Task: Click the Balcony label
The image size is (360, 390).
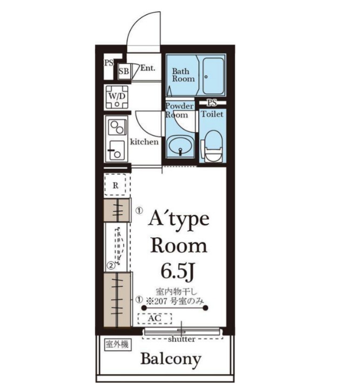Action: tap(171, 359)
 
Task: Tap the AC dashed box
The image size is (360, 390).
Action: tap(155, 318)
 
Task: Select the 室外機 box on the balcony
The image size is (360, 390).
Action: tap(117, 345)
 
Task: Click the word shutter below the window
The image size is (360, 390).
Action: tap(181, 339)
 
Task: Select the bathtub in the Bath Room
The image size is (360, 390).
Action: tap(213, 76)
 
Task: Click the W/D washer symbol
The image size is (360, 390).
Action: tap(117, 97)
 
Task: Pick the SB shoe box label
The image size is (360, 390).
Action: tap(124, 71)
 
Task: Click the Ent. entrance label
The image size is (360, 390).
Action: tap(147, 68)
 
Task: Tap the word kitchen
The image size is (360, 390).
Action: tap(144, 142)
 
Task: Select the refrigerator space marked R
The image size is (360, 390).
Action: tap(116, 185)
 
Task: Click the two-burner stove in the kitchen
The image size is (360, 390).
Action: tap(117, 127)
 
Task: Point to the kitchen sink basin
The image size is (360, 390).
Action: tap(117, 151)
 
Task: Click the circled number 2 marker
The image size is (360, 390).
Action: tap(111, 266)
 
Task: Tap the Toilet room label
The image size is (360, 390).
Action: tap(212, 114)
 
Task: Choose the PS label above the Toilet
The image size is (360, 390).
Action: tap(212, 103)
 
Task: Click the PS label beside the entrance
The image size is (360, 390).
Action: tap(108, 63)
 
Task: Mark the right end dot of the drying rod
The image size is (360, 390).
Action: tap(205, 308)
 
